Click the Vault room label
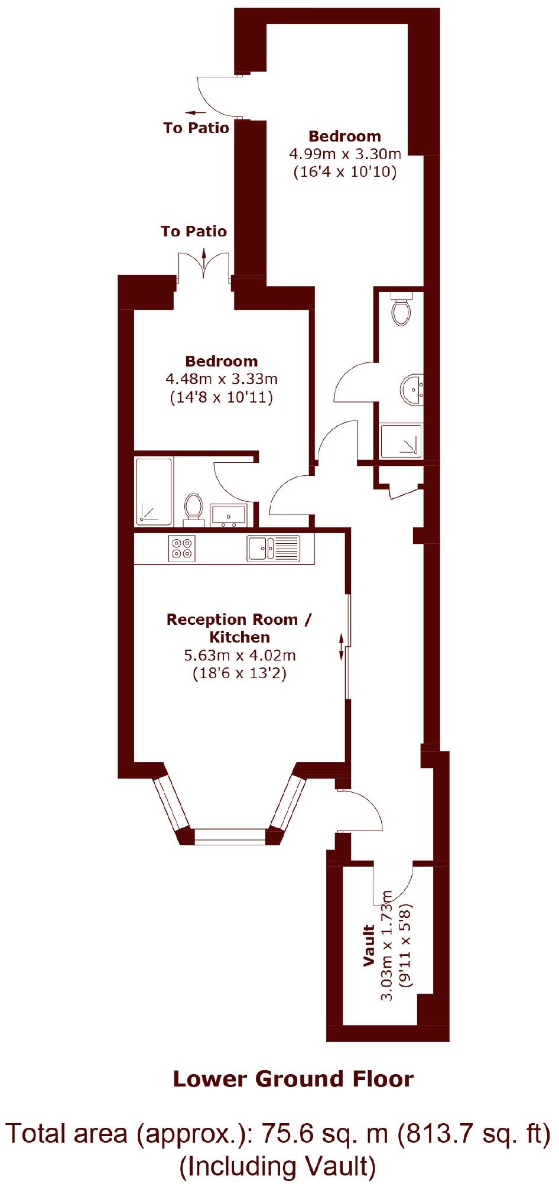369,945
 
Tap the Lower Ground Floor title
293,1079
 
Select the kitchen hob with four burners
181,548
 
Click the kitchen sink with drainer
273,548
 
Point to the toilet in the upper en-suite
402,309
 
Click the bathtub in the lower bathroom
154,491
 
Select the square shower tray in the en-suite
401,441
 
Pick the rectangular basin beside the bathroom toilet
229,515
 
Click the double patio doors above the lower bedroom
204,266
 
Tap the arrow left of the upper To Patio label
195,112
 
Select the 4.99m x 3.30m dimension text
344,154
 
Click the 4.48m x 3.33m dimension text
222,379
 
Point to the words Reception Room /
239,620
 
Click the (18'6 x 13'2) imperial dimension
239,673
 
